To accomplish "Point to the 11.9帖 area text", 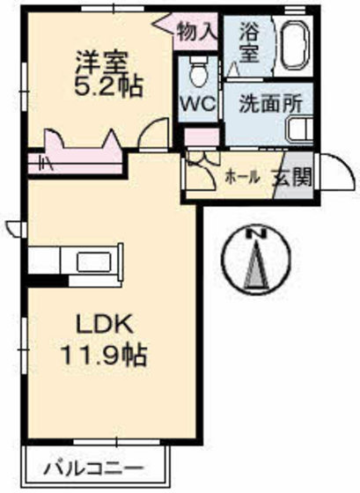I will click(x=103, y=356).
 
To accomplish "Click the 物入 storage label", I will click(x=195, y=32).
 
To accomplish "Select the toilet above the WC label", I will click(x=197, y=68).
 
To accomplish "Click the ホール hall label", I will click(x=243, y=177).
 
